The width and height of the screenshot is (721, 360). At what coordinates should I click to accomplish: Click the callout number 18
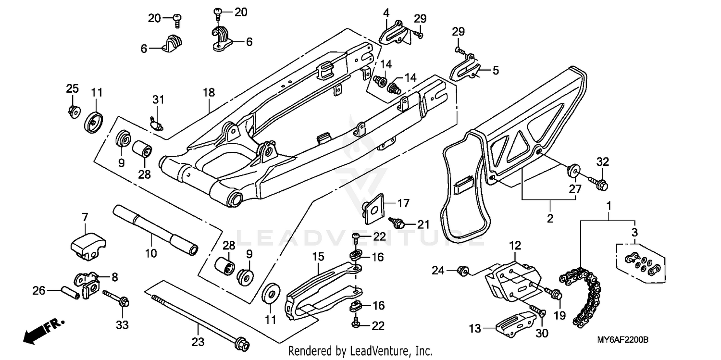209,92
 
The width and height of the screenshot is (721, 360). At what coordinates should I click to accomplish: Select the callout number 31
158,100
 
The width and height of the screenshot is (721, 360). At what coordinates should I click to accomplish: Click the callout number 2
550,219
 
